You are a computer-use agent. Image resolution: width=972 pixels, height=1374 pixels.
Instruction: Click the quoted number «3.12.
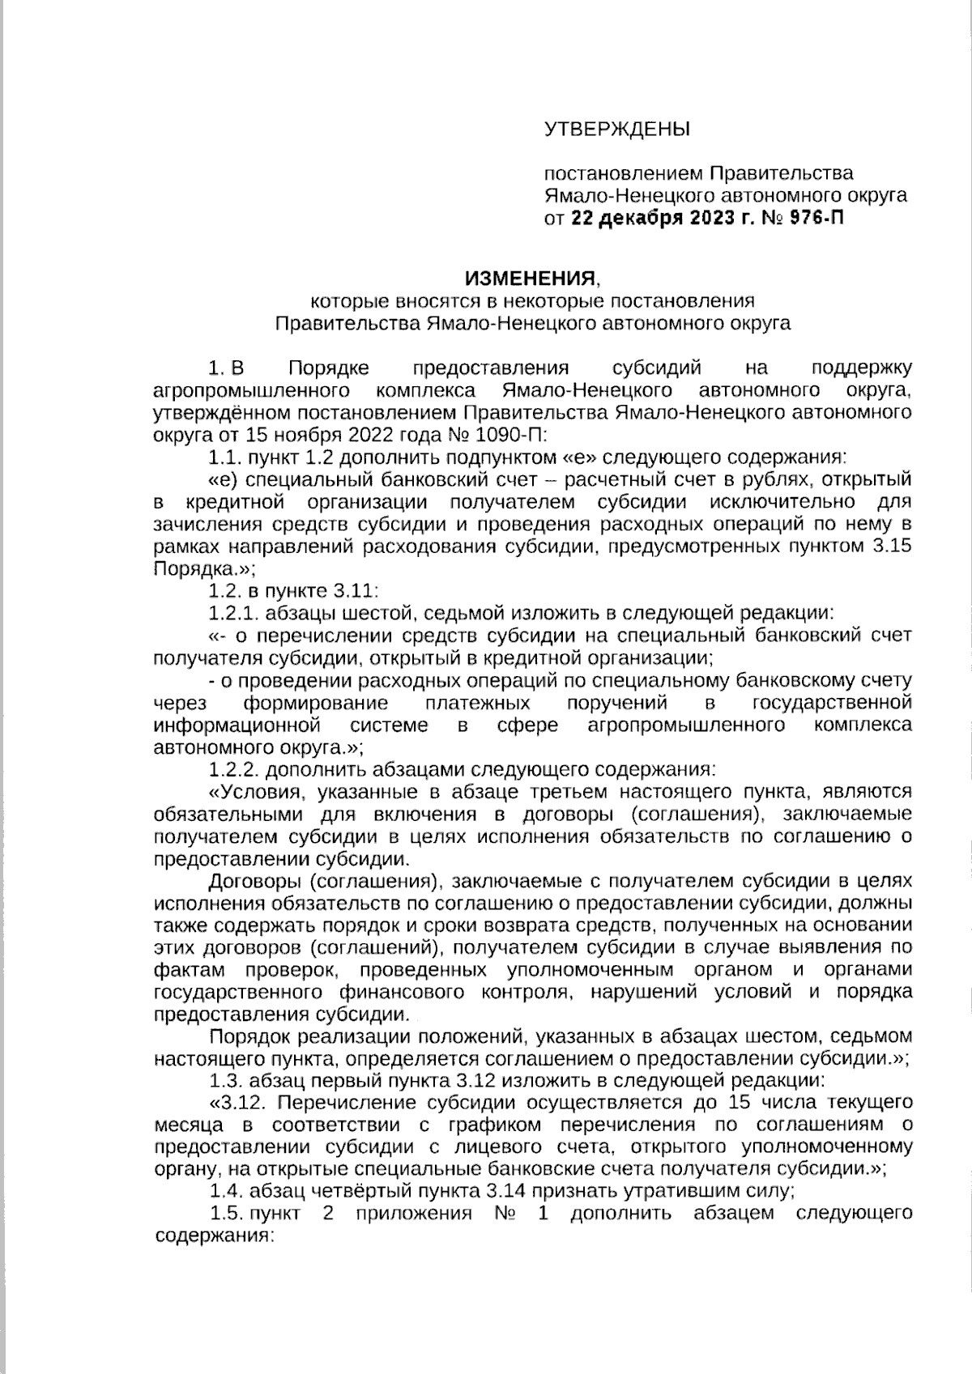(x=235, y=1103)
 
